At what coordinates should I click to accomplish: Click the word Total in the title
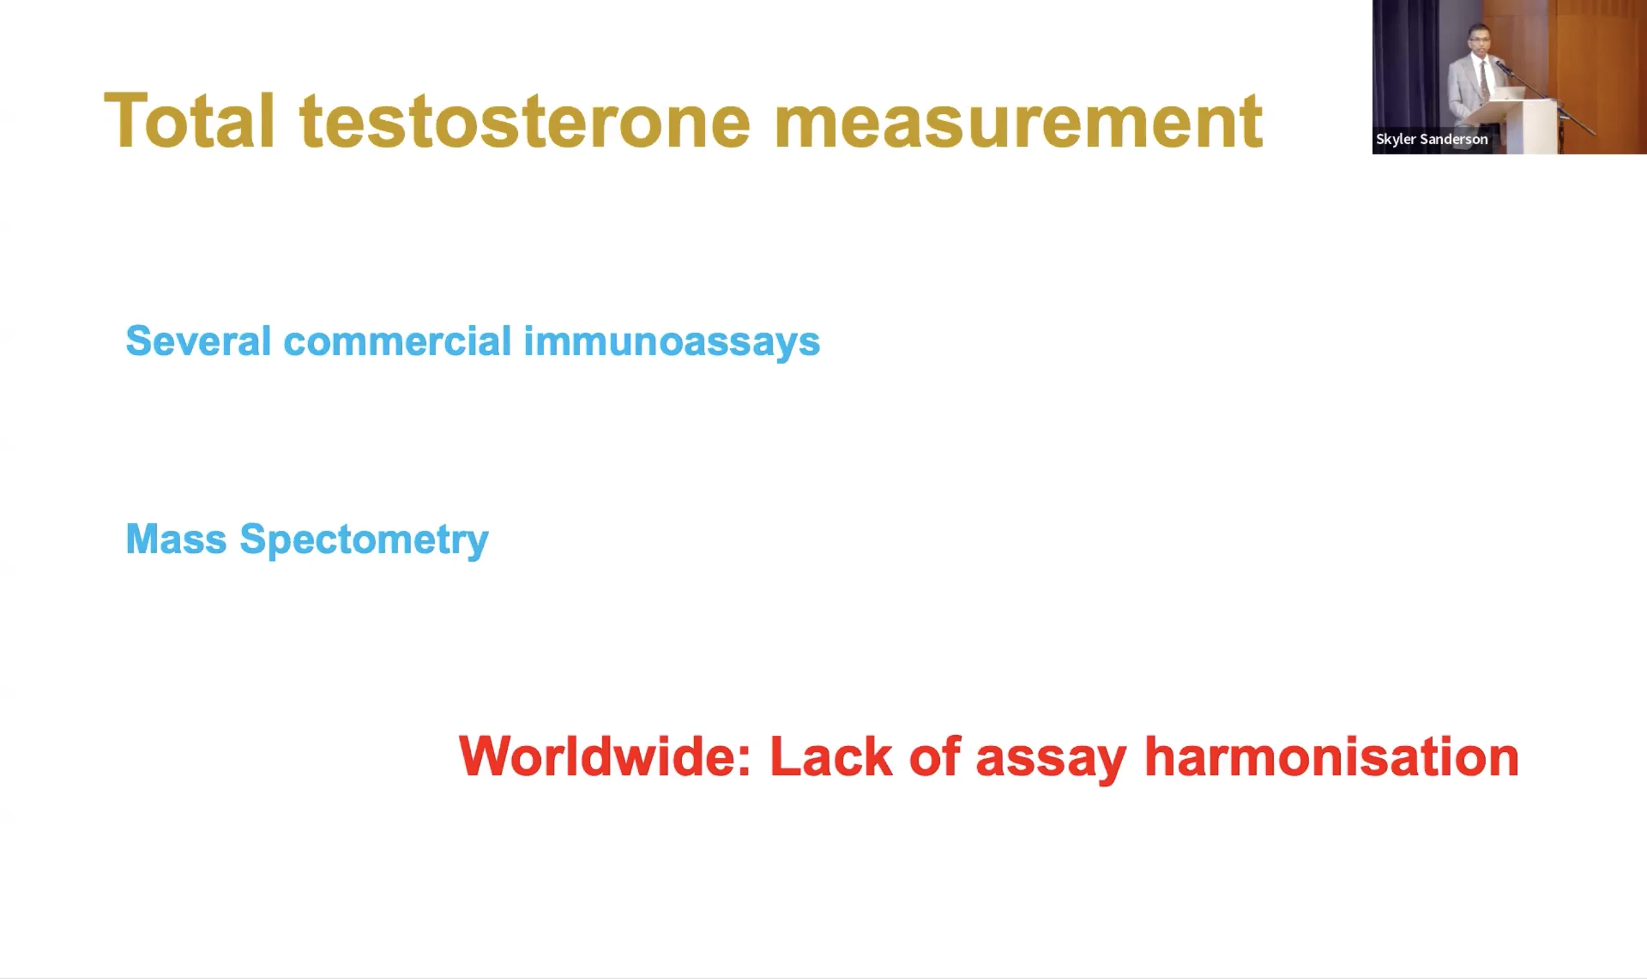(x=189, y=120)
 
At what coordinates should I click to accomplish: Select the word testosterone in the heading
(x=525, y=122)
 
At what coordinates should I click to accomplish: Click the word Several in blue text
(x=198, y=341)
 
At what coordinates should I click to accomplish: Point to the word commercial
(x=397, y=341)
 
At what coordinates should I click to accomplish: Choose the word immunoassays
(x=672, y=342)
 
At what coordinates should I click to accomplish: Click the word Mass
(x=176, y=538)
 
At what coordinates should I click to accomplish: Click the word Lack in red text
(x=831, y=756)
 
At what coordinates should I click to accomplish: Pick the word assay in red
(x=1051, y=759)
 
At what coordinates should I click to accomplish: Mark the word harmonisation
(x=1332, y=756)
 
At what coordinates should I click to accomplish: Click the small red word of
(x=934, y=756)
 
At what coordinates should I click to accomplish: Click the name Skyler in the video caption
(x=1395, y=139)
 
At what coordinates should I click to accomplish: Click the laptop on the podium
(x=1509, y=93)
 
